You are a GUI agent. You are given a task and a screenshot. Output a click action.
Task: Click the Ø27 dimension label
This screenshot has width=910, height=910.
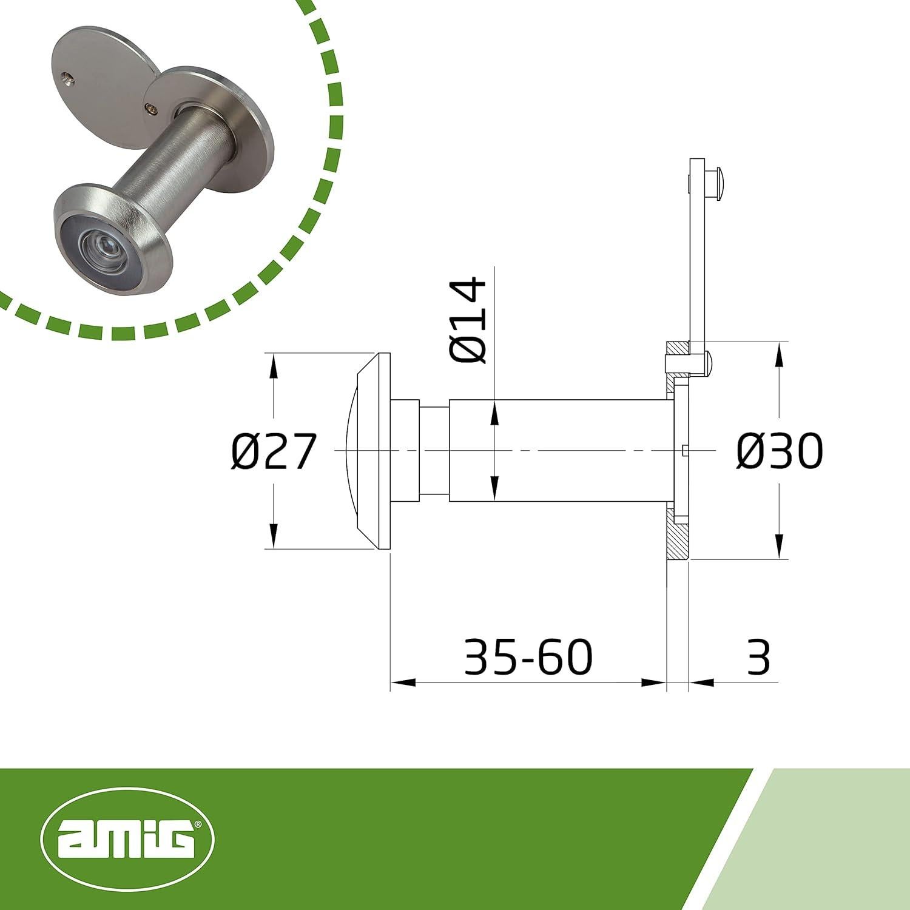274,452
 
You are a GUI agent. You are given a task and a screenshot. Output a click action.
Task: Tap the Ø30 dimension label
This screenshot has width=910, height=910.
780,452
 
